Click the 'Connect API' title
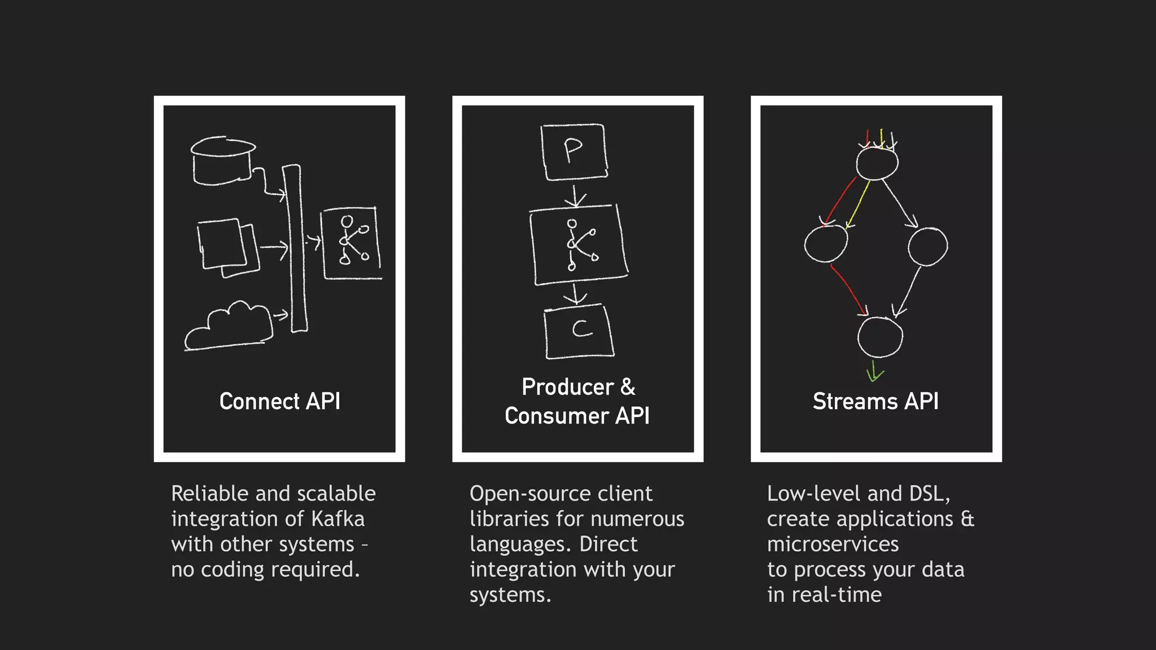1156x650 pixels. click(x=279, y=401)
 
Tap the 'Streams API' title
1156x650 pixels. click(x=875, y=401)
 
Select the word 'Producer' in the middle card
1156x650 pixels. click(x=567, y=387)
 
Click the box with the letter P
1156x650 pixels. click(x=574, y=152)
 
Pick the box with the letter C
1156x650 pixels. click(x=579, y=331)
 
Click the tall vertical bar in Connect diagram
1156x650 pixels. click(x=295, y=248)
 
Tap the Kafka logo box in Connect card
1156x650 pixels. click(x=351, y=243)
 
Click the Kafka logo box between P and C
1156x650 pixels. click(x=579, y=245)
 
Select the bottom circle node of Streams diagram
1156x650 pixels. click(x=879, y=337)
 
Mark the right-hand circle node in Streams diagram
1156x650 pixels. click(x=927, y=247)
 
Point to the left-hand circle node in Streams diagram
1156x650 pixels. click(x=826, y=244)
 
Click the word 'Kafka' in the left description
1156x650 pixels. click(x=338, y=519)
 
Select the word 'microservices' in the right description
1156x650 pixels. click(x=833, y=544)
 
